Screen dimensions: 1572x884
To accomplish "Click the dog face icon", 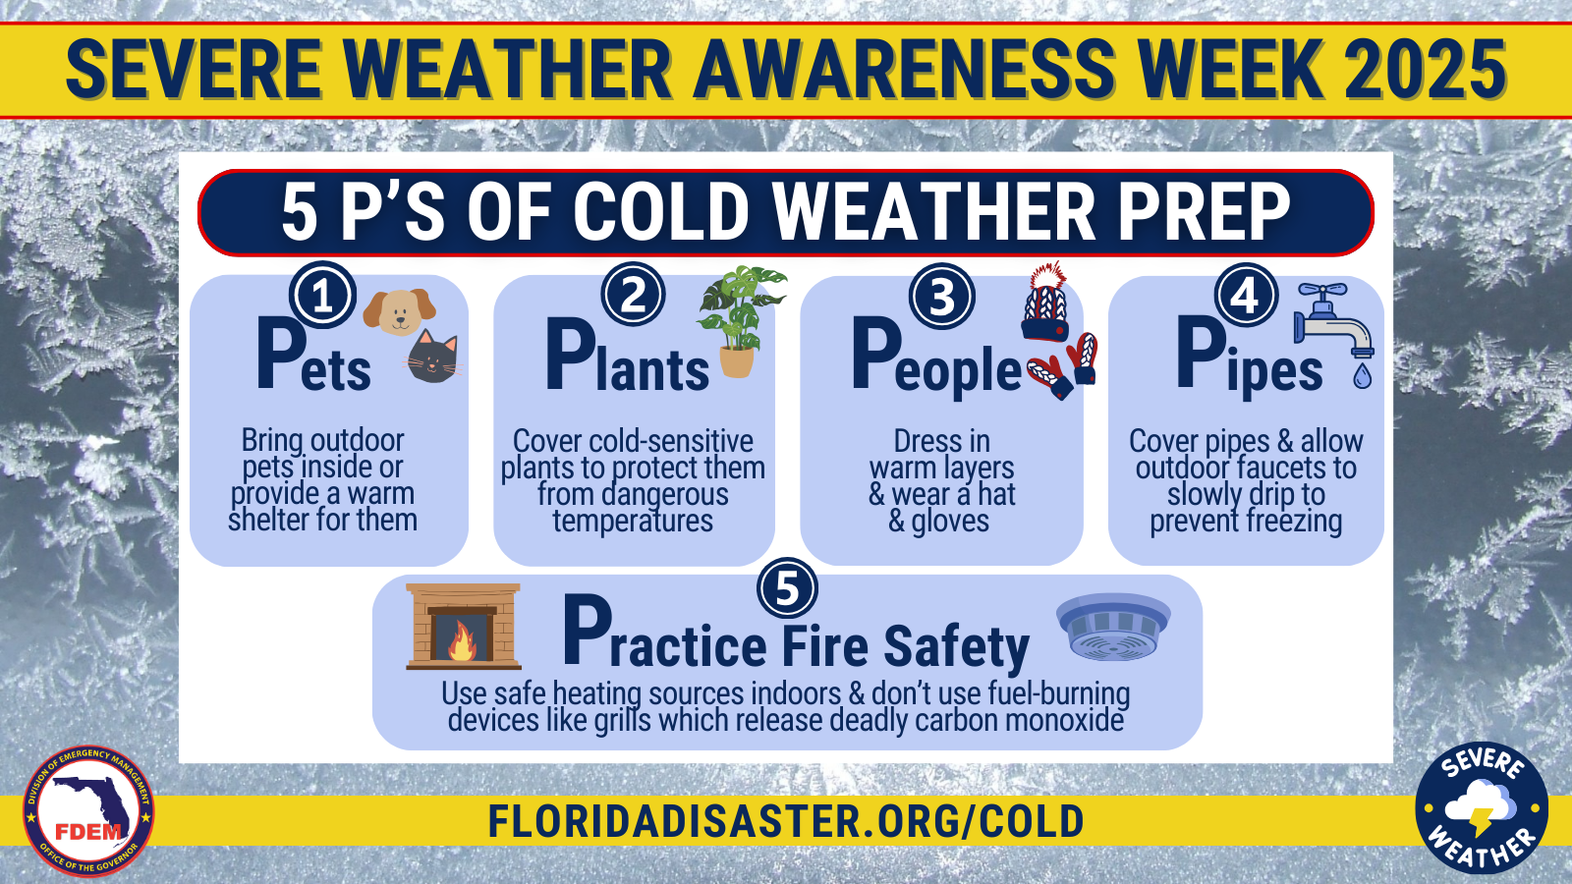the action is pos(399,311).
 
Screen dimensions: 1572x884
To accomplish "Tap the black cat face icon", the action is pos(432,357).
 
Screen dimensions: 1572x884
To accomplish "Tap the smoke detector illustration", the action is pos(1113,628).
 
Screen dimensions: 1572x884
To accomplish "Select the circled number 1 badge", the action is pos(323,296).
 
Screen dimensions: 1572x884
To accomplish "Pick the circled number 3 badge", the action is pos(942,296).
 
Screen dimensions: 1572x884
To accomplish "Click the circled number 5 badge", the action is pos(787,588).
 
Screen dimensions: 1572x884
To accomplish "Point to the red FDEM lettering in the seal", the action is pos(88,832).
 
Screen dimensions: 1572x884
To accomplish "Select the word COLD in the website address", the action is pos(1032,821).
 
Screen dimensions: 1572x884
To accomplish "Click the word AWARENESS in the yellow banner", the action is pos(904,69).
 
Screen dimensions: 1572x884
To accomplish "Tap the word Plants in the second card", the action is pos(628,356).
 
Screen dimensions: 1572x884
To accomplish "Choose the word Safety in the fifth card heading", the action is pos(956,647).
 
